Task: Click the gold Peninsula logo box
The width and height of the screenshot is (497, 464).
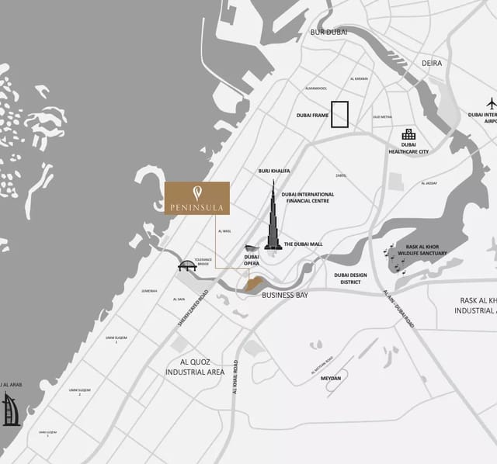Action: click(197, 198)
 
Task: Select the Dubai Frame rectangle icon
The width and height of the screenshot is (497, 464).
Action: click(339, 114)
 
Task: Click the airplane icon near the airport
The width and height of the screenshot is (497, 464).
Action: click(490, 103)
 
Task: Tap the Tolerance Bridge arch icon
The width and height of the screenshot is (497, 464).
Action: click(187, 265)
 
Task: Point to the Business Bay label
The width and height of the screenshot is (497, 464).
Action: click(285, 296)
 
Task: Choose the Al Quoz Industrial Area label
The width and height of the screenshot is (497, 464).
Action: click(195, 367)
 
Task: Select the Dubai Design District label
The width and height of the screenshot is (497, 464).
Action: click(350, 279)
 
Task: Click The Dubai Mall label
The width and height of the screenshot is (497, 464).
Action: click(303, 244)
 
